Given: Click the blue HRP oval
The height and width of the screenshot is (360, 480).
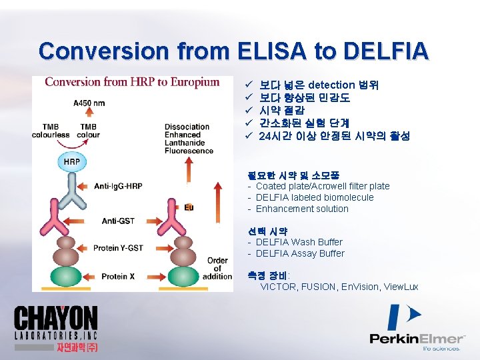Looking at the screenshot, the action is pyautogui.click(x=72, y=162).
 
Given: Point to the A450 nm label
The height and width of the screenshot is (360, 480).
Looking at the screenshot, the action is pyautogui.click(x=89, y=103).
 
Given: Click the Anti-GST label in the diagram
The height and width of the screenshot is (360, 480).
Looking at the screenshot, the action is pyautogui.click(x=118, y=220).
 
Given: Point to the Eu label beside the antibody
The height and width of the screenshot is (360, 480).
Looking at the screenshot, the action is pyautogui.click(x=189, y=207).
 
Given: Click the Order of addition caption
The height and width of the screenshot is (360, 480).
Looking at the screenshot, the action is pyautogui.click(x=217, y=268).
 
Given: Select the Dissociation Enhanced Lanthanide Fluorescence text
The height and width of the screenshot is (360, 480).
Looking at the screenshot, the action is pyautogui.click(x=188, y=139).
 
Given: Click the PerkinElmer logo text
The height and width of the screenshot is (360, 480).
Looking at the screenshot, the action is pyautogui.click(x=417, y=338).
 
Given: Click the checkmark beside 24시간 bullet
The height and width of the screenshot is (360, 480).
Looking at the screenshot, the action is pyautogui.click(x=247, y=136).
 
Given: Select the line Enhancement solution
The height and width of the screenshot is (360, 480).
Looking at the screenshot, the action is pyautogui.click(x=302, y=209).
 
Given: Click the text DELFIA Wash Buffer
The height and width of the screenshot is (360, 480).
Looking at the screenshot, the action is pyautogui.click(x=299, y=242).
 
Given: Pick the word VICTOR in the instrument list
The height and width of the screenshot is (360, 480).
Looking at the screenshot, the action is pyautogui.click(x=278, y=287).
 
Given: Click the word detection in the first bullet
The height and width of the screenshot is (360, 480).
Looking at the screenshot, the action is pyautogui.click(x=332, y=85).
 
